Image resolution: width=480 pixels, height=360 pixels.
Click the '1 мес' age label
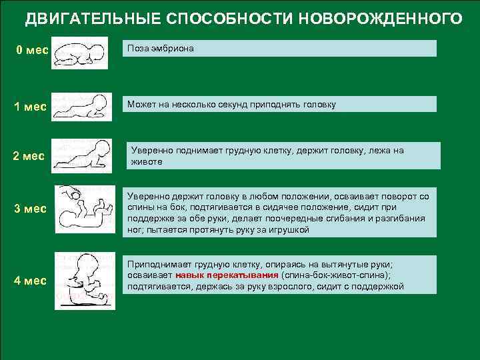31,107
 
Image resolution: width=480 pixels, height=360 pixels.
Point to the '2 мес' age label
29,157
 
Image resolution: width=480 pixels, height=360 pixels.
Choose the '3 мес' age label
31,209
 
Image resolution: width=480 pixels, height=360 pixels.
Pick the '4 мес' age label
31,281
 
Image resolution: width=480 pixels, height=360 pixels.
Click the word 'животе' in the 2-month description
145,161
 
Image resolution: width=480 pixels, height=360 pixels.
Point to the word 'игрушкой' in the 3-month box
290,229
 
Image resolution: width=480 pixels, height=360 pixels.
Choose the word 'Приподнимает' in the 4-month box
155,264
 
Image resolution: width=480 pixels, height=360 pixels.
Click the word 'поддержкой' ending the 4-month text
379,287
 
